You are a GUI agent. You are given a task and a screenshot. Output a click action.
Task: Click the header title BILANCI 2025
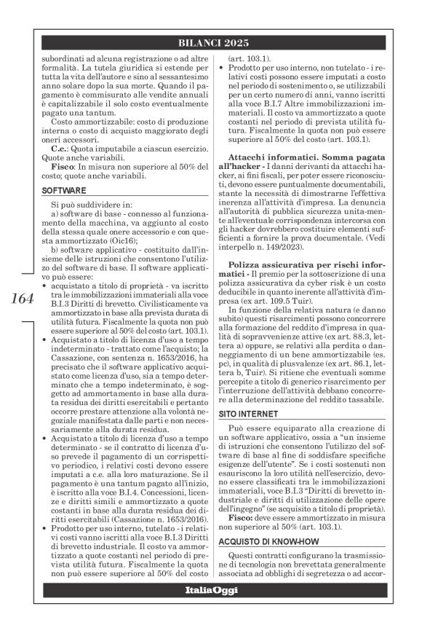coord(211,43)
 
